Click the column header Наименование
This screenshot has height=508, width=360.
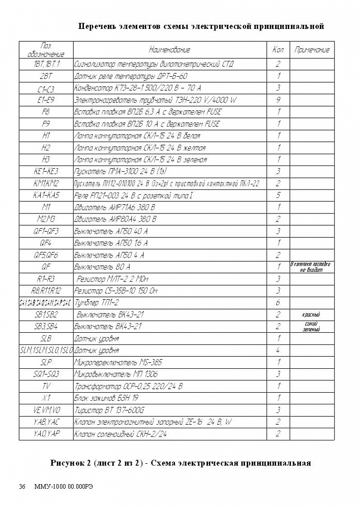(x=169, y=50)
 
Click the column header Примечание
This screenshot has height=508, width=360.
(x=312, y=50)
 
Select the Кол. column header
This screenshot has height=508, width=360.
(x=278, y=50)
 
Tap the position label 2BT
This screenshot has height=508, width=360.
(x=46, y=76)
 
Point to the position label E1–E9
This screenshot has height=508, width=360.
(x=46, y=100)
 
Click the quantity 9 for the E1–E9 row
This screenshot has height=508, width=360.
(x=278, y=100)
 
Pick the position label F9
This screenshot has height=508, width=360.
(x=46, y=124)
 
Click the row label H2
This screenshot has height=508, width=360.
(x=46, y=148)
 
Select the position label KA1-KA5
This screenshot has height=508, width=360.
(x=46, y=196)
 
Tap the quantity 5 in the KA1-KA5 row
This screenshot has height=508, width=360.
(x=278, y=196)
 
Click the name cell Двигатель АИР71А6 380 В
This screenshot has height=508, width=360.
(x=115, y=207)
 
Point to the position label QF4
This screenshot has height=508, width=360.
(x=46, y=243)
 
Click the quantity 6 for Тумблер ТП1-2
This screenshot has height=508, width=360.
(x=278, y=303)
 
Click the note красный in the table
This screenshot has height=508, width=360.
(x=312, y=315)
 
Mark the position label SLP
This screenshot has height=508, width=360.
(x=46, y=363)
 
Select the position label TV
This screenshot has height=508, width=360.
(x=46, y=387)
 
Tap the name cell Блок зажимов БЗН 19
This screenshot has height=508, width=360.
(x=107, y=399)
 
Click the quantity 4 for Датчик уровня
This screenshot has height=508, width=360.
(x=278, y=351)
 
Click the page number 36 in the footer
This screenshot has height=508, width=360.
(x=22, y=486)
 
